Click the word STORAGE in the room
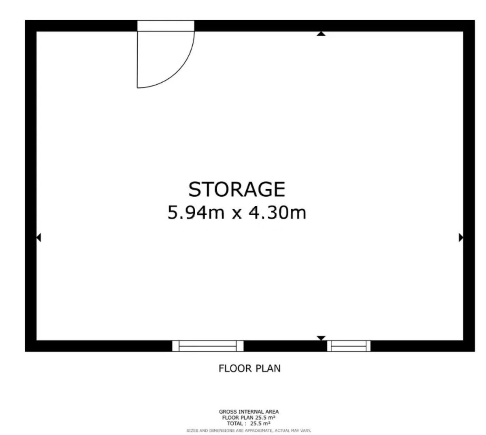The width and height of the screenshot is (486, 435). (237, 189)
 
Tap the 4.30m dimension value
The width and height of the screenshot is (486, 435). (277, 212)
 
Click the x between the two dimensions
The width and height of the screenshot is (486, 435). (237, 214)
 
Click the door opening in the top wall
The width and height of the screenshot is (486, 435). (166, 26)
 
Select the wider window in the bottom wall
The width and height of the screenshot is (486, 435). (208, 346)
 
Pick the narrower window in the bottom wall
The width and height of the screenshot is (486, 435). (349, 346)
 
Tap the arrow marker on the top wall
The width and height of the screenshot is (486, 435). (321, 34)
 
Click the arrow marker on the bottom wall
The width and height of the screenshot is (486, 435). (321, 338)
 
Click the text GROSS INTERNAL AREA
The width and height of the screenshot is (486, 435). (249, 412)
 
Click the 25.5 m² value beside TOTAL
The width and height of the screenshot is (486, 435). (260, 423)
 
